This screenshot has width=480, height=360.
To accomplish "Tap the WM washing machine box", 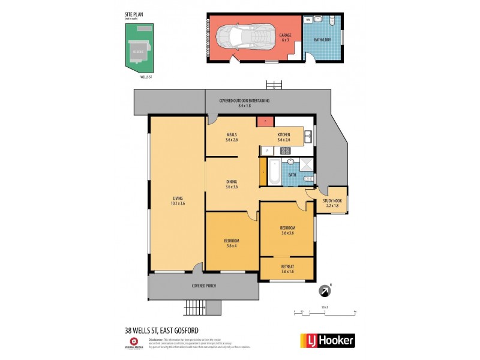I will point(308,20).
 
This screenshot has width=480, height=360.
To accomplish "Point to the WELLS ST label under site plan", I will point(146,77).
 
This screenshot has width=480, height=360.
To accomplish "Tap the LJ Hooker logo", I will point(327,340).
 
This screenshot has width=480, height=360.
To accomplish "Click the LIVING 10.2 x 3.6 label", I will point(178,201).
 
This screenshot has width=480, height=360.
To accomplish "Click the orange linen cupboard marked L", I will point(263,172).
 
